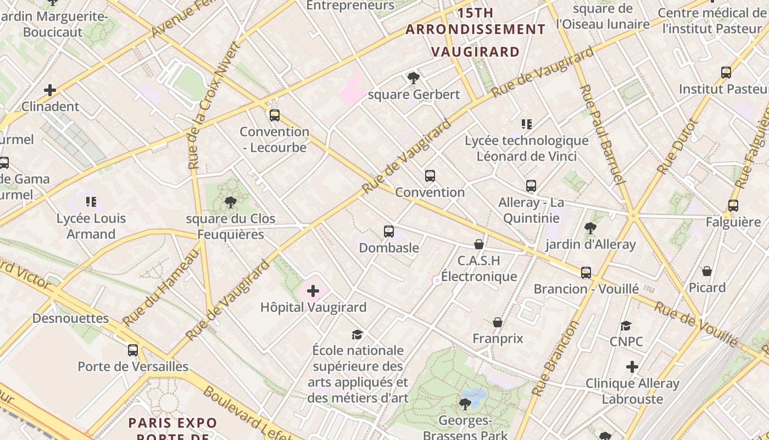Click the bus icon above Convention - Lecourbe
click(275, 116)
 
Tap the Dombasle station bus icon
click(389, 232)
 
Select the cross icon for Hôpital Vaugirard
click(313, 291)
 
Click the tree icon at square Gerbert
click(414, 78)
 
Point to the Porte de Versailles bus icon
click(133, 350)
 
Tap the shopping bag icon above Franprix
click(498, 322)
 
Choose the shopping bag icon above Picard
click(707, 272)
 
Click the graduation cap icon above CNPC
click(626, 326)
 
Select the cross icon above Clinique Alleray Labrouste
click(632, 367)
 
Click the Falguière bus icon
click(733, 206)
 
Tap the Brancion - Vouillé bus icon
click(586, 273)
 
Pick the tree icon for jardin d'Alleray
click(590, 228)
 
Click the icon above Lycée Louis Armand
click(91, 202)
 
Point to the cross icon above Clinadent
click(50, 90)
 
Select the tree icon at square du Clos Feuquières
click(231, 202)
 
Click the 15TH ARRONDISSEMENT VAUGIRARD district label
click(476, 32)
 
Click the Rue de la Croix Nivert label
click(214, 105)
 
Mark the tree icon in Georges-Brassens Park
click(465, 404)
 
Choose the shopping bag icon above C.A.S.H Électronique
click(479, 244)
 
